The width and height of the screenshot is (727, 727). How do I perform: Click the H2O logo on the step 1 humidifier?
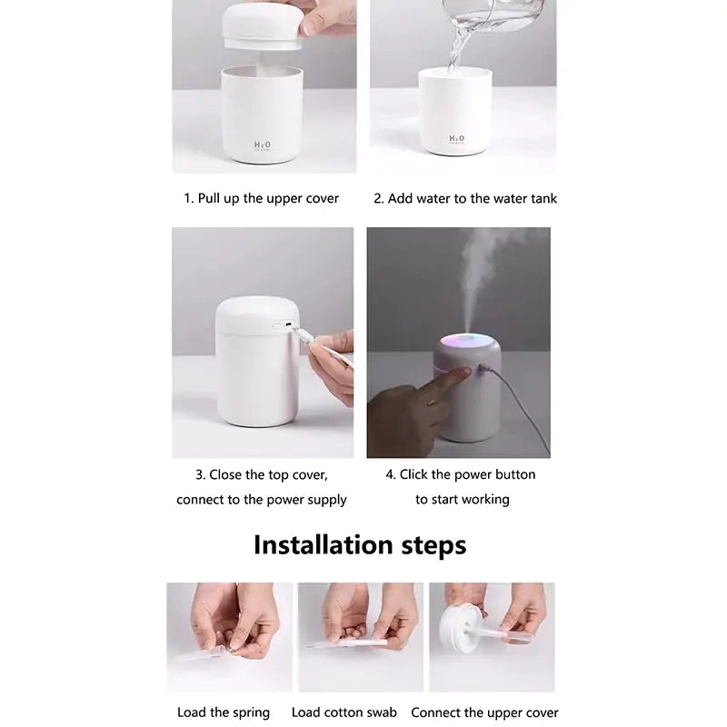coord(262,144)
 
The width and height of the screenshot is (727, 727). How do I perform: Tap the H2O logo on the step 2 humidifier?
coord(456,139)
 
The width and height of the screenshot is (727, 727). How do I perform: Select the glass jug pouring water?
coord(491,15)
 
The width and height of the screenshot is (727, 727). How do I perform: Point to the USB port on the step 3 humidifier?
coord(284,324)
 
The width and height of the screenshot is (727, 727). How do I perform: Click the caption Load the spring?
coord(224,712)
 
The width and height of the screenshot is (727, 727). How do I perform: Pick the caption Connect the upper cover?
coord(484,712)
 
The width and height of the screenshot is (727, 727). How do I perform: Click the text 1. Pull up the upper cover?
coord(262,198)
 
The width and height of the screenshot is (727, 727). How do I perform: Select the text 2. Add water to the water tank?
coord(465,198)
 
